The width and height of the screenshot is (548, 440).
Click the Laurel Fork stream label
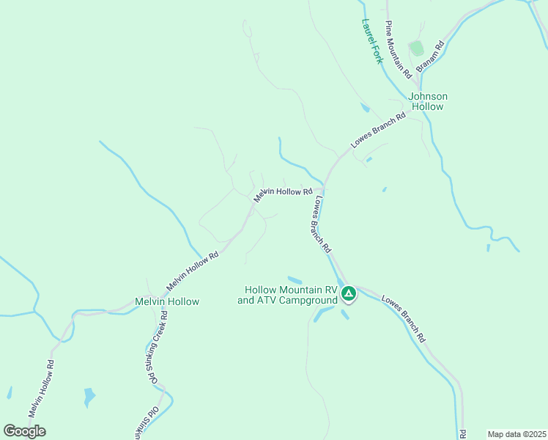[371, 42]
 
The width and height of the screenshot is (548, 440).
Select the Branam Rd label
[431, 56]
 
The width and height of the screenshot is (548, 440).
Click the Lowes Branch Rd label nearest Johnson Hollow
[378, 131]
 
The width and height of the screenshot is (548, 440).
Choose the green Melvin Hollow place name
[167, 301]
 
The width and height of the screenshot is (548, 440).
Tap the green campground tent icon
[349, 294]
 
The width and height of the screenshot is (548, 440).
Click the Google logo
[25, 431]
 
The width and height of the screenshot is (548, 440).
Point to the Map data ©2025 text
[516, 434]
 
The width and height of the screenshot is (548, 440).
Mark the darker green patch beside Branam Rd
[417, 48]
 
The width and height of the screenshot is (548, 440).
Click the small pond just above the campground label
[295, 279]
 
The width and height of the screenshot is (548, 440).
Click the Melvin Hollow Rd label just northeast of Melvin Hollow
[193, 271]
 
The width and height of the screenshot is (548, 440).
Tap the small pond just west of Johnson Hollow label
[365, 108]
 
